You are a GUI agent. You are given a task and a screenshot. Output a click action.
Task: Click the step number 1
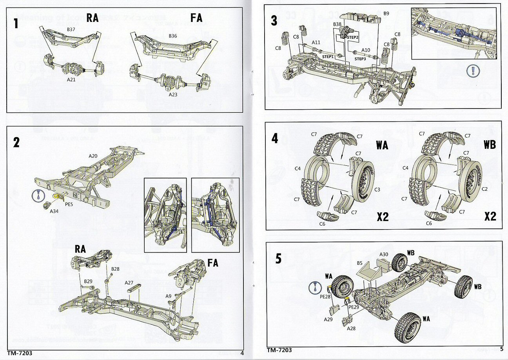(x=16, y=24)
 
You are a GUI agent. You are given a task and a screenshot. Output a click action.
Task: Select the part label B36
(x=173, y=36)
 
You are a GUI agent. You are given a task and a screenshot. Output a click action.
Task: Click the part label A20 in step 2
(x=93, y=156)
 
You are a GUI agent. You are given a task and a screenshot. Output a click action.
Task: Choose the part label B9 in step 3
(x=386, y=13)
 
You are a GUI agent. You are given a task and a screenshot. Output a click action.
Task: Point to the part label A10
(x=365, y=50)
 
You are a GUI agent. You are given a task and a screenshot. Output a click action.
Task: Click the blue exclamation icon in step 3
(x=474, y=71)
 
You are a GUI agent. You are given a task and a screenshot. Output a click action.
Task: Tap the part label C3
(x=377, y=189)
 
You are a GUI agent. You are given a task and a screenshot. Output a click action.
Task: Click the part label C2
(x=485, y=189)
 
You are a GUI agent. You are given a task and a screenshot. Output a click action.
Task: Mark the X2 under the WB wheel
(x=490, y=216)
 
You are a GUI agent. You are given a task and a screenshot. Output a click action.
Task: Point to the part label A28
(x=352, y=328)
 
